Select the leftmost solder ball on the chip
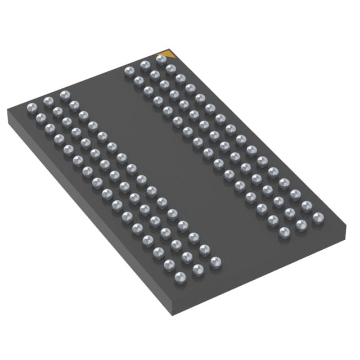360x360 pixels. point(31,105)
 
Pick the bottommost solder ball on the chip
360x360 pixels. point(180,276)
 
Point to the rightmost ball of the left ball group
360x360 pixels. point(215,262)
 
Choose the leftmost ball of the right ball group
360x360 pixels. point(128,71)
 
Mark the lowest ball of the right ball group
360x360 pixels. point(284,232)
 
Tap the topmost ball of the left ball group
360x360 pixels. point(64,95)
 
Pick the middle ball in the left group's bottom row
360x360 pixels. point(198,269)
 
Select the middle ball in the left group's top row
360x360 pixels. point(48,100)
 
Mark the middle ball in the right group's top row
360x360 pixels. point(145,65)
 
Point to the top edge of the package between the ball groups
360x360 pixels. point(96,78)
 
